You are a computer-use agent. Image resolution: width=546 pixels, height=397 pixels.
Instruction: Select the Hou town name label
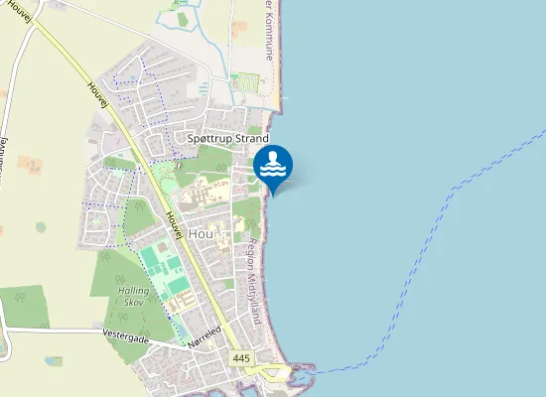click(201, 232)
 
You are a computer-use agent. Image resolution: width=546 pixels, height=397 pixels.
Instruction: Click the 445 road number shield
click(240, 357)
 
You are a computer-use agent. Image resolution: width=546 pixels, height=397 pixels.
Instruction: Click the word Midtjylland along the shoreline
click(255, 298)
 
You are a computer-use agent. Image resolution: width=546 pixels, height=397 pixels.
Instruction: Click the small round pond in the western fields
click(41, 227)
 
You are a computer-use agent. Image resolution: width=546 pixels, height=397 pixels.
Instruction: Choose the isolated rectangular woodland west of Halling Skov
click(24, 307)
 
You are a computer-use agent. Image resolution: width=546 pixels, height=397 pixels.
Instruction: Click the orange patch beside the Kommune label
click(239, 29)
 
